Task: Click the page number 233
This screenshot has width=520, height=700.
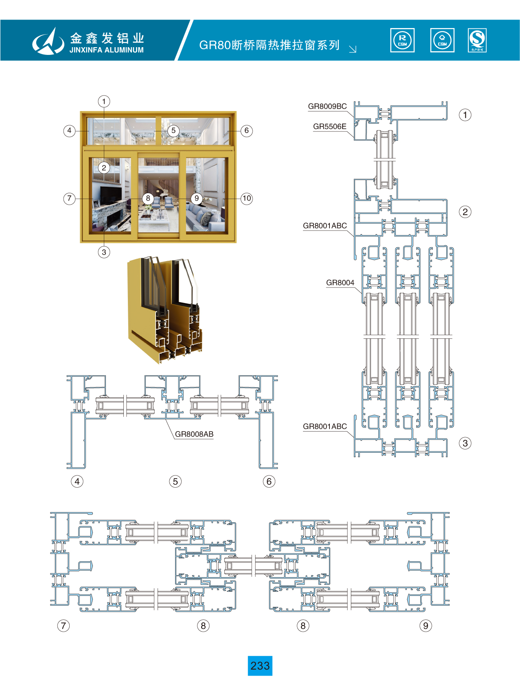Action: pos(260,666)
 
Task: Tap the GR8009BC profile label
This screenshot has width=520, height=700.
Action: pos(327,107)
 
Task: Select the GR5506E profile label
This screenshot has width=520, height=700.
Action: pos(329,126)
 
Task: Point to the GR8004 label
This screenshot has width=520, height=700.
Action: pos(340,283)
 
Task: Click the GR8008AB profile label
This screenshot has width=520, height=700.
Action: pos(194,434)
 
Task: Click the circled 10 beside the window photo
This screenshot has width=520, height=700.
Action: pos(247,198)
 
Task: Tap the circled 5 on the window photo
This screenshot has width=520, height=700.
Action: pos(173,131)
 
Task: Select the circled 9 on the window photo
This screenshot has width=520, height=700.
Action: pos(197,198)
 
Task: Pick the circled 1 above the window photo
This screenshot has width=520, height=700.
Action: pos(104,101)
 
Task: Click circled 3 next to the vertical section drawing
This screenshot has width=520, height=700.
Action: pos(465,443)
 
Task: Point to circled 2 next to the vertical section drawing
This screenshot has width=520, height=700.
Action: pos(465,212)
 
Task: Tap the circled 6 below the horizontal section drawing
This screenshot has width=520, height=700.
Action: pos(269,482)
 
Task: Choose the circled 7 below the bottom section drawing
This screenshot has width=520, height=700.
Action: pos(63,626)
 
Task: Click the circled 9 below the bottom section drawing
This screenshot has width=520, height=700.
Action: pos(426,626)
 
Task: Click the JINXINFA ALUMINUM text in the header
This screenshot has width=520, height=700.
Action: pos(106,50)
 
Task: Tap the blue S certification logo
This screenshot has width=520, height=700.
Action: pos(477,40)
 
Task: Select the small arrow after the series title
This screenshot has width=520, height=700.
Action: pos(353,49)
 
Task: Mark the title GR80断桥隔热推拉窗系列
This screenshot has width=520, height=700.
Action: pos(269,45)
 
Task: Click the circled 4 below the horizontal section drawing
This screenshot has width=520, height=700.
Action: pos(77,482)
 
